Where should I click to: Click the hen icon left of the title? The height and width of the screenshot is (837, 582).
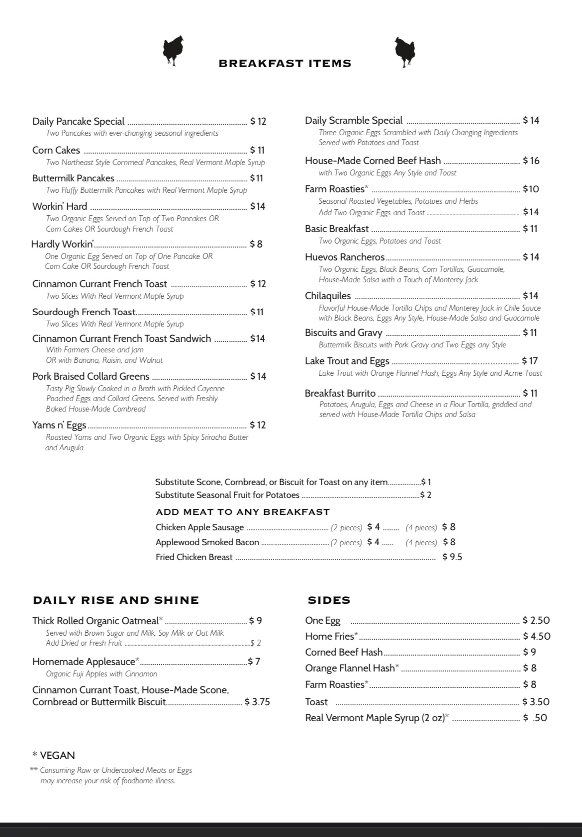tap(173, 50)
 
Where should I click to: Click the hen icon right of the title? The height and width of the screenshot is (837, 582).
tap(404, 51)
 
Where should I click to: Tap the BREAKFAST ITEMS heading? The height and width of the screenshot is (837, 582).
tap(285, 64)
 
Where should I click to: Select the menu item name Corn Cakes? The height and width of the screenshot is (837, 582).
tap(56, 150)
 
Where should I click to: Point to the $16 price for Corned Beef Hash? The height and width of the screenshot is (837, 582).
tap(531, 161)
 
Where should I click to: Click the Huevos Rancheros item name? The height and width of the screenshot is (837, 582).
tap(345, 257)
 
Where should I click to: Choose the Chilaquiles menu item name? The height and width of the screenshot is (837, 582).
tap(328, 296)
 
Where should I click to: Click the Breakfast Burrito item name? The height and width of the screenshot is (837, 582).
tap(340, 393)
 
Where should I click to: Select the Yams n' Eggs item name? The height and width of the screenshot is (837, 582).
tap(59, 425)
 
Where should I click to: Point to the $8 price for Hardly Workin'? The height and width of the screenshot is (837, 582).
tap(256, 244)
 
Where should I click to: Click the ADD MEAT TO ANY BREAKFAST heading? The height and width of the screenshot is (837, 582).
tap(243, 512)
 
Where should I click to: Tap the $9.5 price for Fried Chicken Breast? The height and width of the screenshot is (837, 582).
tap(452, 557)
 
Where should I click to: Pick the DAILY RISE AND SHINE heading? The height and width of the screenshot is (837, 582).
tap(116, 600)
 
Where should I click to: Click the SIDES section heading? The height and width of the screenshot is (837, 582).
tap(329, 600)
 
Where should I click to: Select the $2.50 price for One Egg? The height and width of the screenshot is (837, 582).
tap(536, 620)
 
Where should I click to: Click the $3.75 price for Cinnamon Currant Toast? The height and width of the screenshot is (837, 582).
tap(257, 702)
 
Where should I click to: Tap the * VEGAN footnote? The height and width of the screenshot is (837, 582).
tap(54, 755)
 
